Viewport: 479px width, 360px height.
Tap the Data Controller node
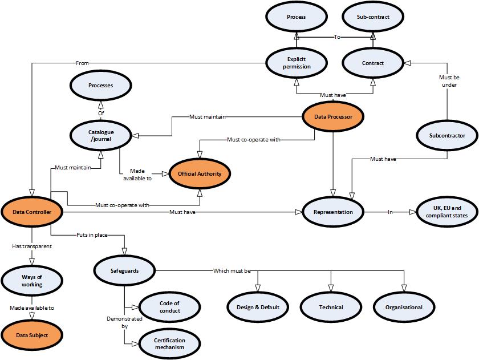coord(33,212)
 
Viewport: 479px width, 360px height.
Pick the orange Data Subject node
coord(33,335)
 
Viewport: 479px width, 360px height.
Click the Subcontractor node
coord(447,136)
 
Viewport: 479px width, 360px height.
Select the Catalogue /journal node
coord(101,135)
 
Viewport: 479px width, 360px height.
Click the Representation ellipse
coord(333,212)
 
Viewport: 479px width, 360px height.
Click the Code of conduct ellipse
coord(169,306)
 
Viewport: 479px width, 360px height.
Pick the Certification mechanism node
coord(169,343)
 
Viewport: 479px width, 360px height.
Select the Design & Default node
coord(258,307)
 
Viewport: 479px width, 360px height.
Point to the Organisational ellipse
coord(404,307)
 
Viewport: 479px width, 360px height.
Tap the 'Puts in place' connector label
coord(92,234)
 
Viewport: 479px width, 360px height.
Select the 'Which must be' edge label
coord(232,270)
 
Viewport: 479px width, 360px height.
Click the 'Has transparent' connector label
coord(32,246)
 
